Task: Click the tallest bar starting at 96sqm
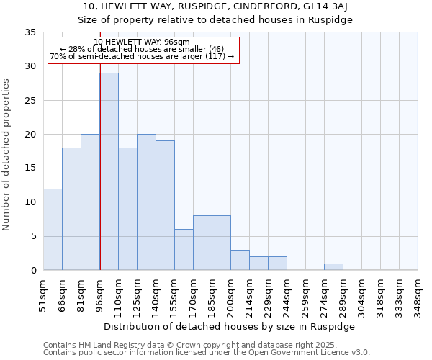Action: point(109,171)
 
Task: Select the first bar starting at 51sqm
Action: point(53,229)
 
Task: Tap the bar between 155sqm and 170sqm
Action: point(184,249)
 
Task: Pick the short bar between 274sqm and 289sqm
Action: point(333,267)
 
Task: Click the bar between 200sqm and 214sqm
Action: point(240,260)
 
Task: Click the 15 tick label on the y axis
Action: point(30,168)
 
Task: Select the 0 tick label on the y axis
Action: point(33,271)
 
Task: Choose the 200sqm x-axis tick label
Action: point(230,295)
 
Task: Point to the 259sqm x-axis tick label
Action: point(305,295)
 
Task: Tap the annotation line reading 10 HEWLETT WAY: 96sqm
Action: point(142,42)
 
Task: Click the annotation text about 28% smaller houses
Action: point(142,49)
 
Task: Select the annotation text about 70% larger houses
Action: point(142,56)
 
